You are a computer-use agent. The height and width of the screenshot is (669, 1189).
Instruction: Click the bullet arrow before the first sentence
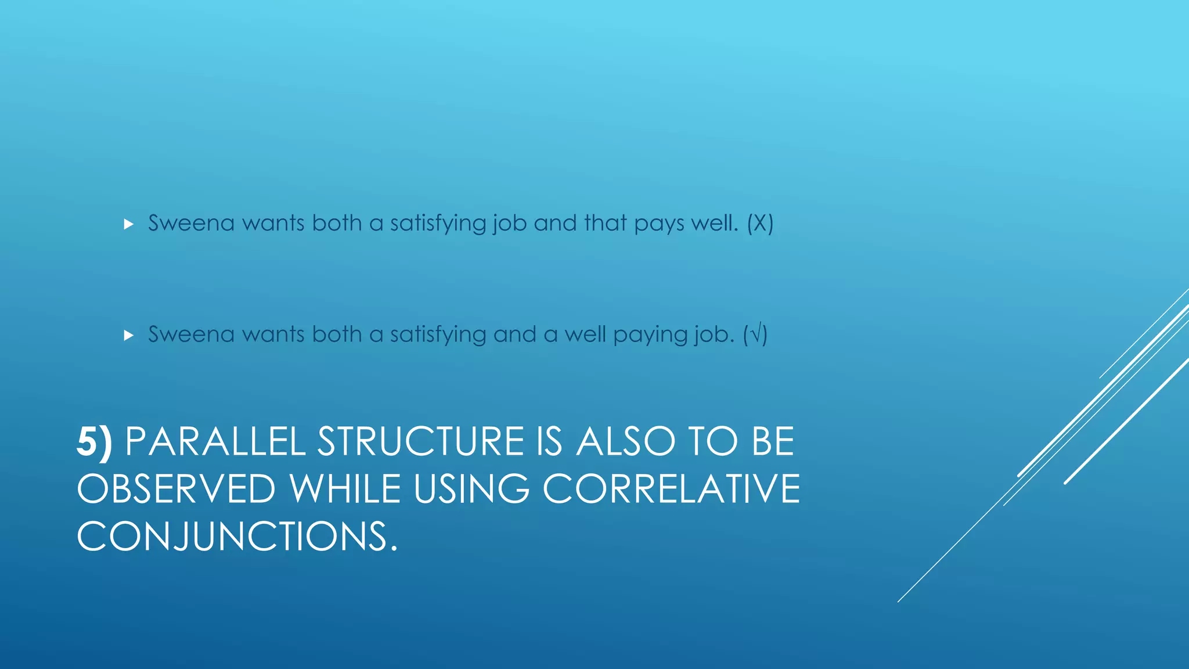(x=129, y=224)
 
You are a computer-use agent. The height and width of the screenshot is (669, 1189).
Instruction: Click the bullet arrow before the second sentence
(x=129, y=336)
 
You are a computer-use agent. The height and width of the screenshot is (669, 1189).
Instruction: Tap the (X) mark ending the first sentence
(x=760, y=224)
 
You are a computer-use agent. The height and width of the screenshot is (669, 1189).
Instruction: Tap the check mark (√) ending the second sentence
(x=755, y=335)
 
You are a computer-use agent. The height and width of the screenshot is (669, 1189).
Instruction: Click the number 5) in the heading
(x=94, y=443)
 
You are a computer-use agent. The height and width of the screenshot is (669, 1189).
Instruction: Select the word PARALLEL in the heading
(x=215, y=443)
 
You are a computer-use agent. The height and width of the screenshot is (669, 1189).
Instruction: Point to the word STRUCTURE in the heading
(x=421, y=443)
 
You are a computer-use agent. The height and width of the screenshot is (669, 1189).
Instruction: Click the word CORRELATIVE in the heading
(x=671, y=489)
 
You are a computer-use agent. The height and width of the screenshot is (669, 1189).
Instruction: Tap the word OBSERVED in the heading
(x=176, y=489)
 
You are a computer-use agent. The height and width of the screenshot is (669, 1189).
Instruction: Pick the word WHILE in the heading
(x=345, y=489)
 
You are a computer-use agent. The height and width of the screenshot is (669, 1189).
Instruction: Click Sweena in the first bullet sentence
(x=191, y=224)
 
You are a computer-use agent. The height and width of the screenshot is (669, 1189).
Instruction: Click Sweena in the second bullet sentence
(x=191, y=335)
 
